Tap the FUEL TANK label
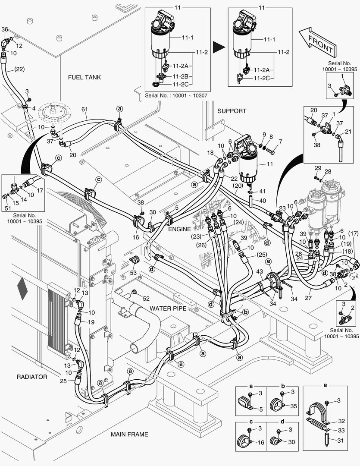click(x=85, y=78)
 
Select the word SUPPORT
click(x=232, y=111)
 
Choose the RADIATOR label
click(x=32, y=377)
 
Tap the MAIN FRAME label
click(x=129, y=434)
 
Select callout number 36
click(x=5, y=29)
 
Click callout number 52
click(x=146, y=299)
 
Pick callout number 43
click(x=259, y=271)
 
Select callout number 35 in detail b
click(x=294, y=406)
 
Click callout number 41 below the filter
click(x=263, y=191)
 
